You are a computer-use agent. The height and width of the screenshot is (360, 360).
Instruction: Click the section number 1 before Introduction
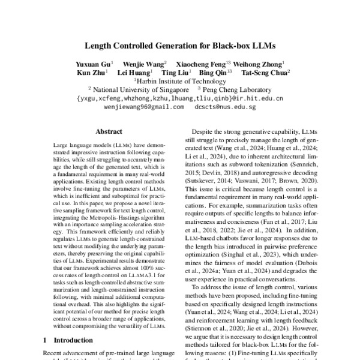click(46, 340)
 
